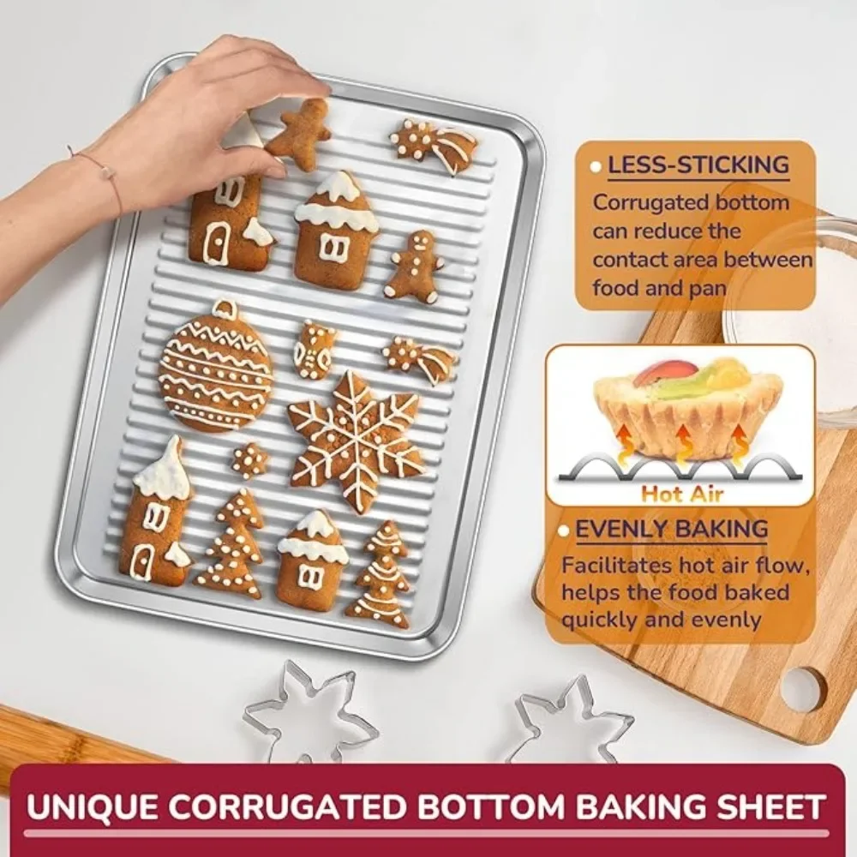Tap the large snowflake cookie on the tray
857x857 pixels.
coord(356,440)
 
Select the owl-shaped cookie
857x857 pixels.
coord(313,351)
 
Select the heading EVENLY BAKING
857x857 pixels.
coord(672,529)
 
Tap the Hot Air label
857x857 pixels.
coord(682,494)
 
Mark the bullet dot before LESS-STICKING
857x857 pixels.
coord(596,167)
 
